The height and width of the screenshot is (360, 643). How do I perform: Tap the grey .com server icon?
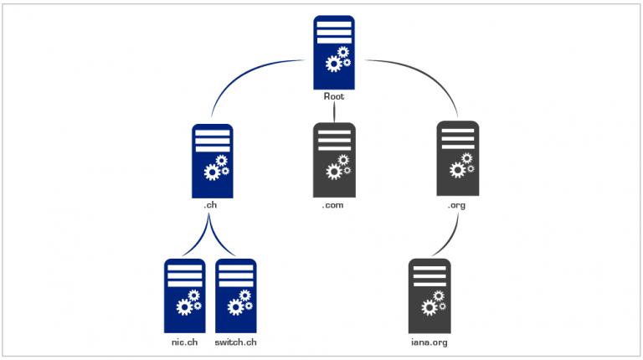click(x=334, y=156)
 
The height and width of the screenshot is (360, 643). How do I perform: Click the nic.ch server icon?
click(x=184, y=295)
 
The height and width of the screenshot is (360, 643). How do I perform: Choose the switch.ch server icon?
click(x=236, y=295)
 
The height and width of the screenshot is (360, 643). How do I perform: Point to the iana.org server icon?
click(x=430, y=295)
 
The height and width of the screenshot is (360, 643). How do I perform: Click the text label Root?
click(x=334, y=97)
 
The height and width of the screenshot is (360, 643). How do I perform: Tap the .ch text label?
click(x=212, y=204)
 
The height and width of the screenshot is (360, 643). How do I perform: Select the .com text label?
click(x=334, y=204)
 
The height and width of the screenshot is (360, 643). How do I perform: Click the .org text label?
click(x=458, y=204)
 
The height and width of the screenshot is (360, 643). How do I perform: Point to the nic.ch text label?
click(x=184, y=342)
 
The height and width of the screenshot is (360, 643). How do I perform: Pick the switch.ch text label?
click(x=236, y=342)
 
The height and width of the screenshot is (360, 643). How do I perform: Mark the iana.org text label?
click(x=430, y=342)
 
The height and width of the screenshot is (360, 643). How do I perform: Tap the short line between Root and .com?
click(x=334, y=112)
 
